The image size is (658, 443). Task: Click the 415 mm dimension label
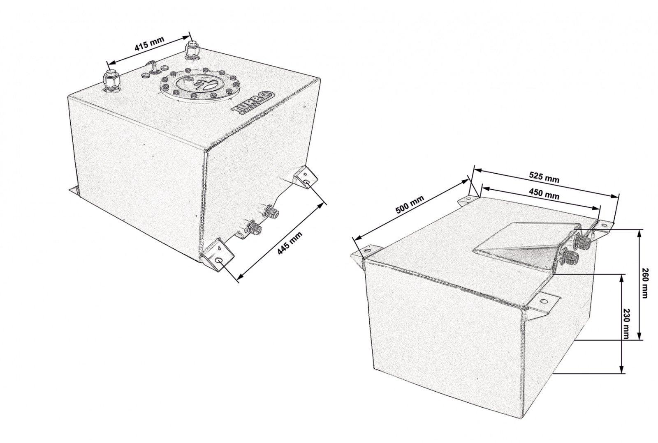coord(149,44)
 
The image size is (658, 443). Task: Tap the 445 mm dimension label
coord(290,243)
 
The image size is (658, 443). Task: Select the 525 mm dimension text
coord(544,177)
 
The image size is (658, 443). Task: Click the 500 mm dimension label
coord(410,204)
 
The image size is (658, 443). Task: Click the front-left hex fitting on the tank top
coord(111,81)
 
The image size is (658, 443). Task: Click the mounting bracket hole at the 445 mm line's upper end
coord(306,184)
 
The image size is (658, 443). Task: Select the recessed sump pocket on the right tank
coord(520,249)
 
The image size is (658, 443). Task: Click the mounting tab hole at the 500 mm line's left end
coord(366,251)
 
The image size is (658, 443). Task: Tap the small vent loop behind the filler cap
coord(152,67)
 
